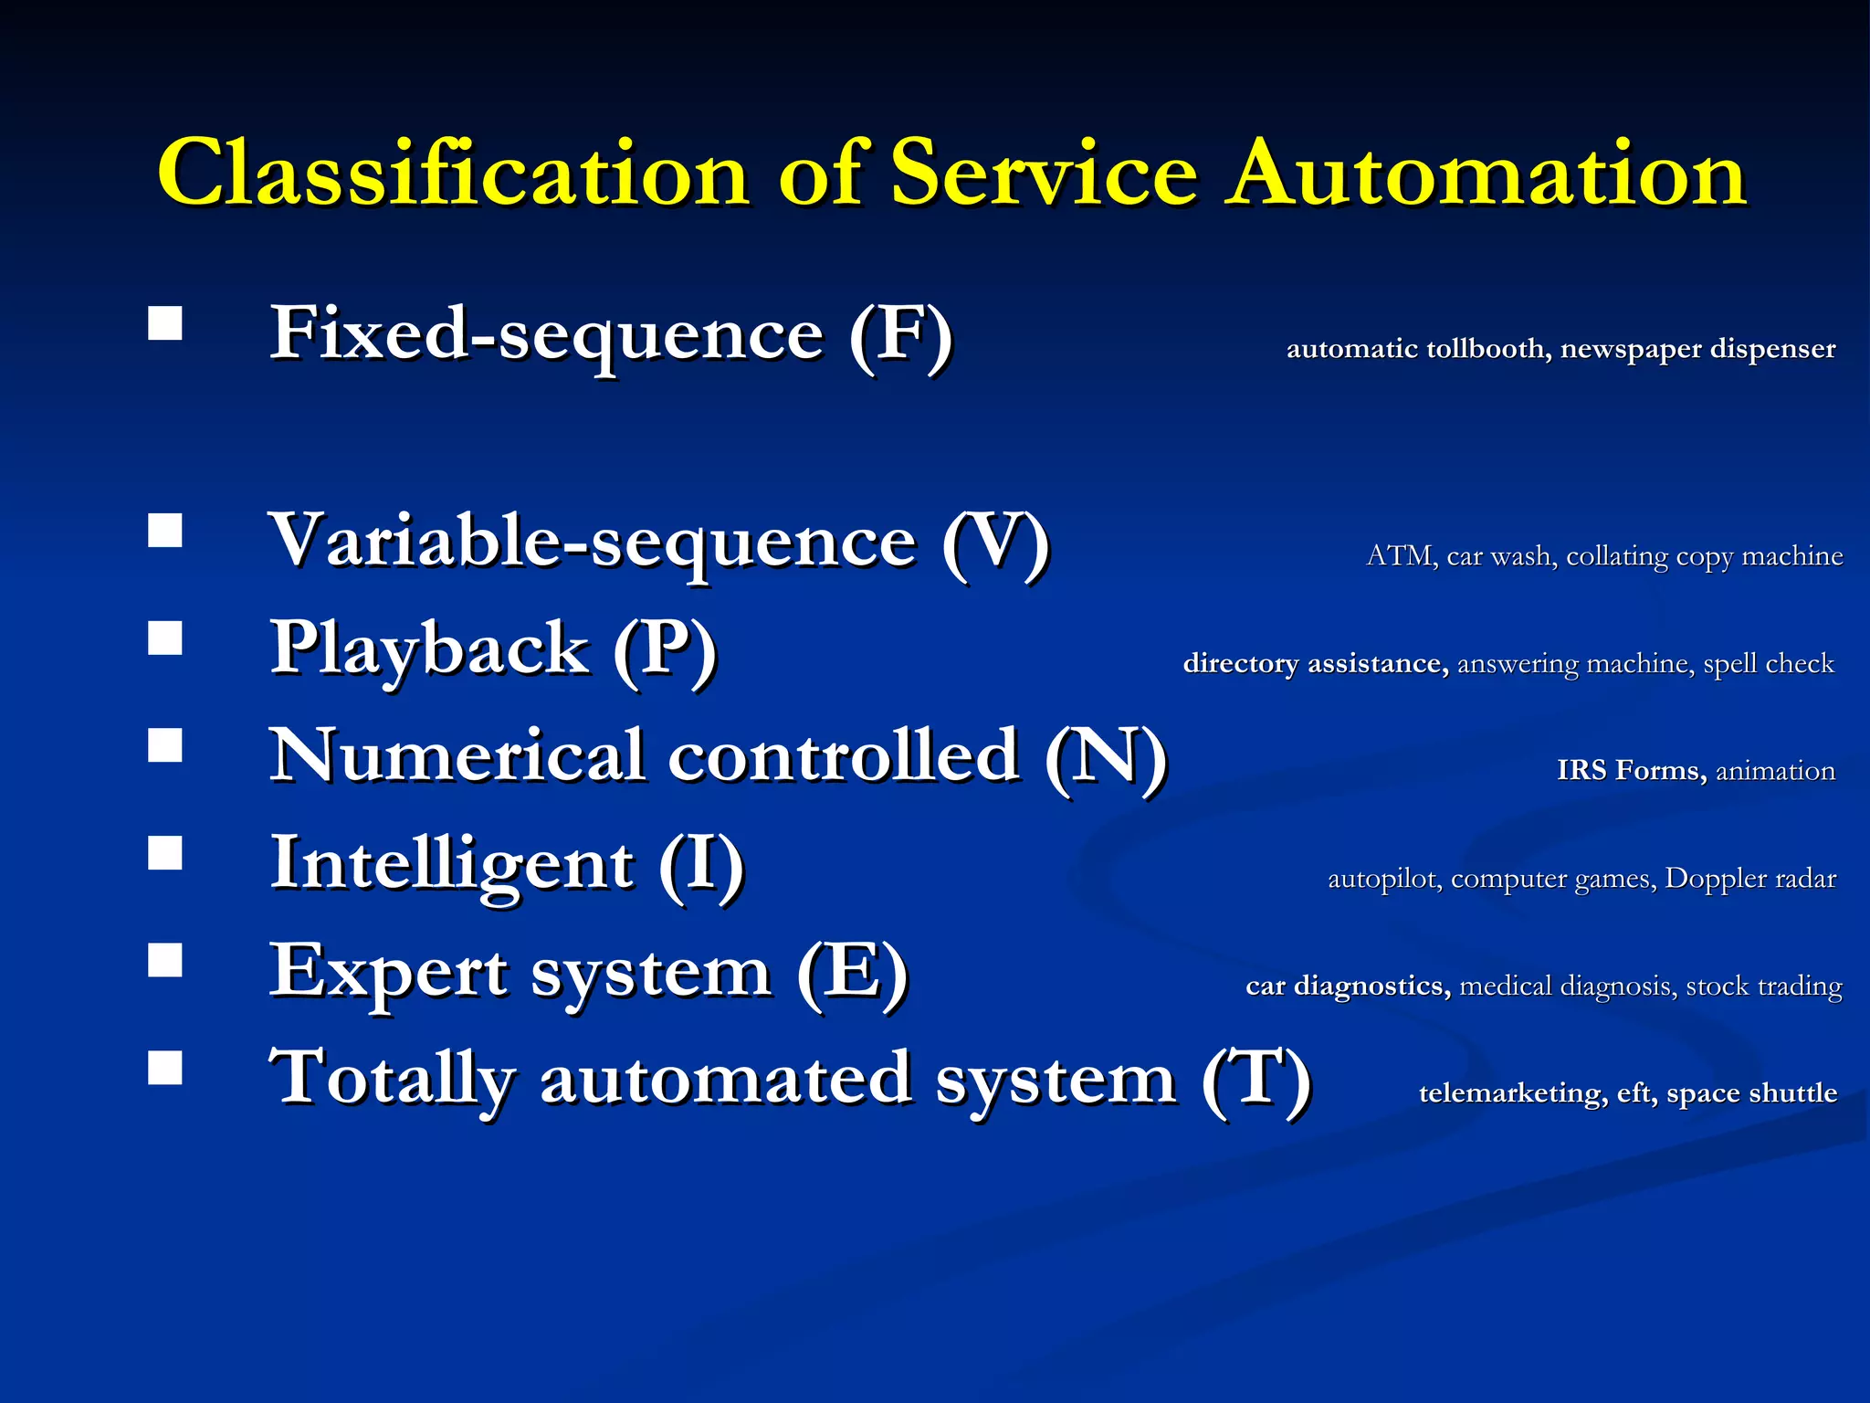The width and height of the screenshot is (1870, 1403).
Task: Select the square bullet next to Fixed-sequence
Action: click(x=165, y=323)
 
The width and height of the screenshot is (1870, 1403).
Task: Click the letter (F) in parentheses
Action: click(x=900, y=335)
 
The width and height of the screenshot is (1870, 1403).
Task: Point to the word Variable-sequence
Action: click(x=593, y=543)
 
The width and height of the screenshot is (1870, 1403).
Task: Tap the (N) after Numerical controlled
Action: click(x=1106, y=758)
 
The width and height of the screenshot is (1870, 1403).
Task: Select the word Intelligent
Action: click(x=452, y=865)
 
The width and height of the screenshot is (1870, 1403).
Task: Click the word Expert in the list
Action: click(x=388, y=973)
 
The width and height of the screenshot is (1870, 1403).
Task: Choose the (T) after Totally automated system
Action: click(x=1256, y=1080)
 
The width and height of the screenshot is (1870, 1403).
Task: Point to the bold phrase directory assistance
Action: click(x=1315, y=663)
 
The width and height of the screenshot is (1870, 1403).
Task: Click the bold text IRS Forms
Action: click(x=1631, y=771)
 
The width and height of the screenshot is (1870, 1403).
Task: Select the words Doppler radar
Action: click(x=1750, y=879)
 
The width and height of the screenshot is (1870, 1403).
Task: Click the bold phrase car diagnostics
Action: click(x=1348, y=986)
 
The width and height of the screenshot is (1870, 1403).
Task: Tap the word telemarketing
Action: click(x=1512, y=1093)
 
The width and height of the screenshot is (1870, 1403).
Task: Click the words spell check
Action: click(x=1768, y=663)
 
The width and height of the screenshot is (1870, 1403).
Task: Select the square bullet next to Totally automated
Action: click(x=165, y=1067)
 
